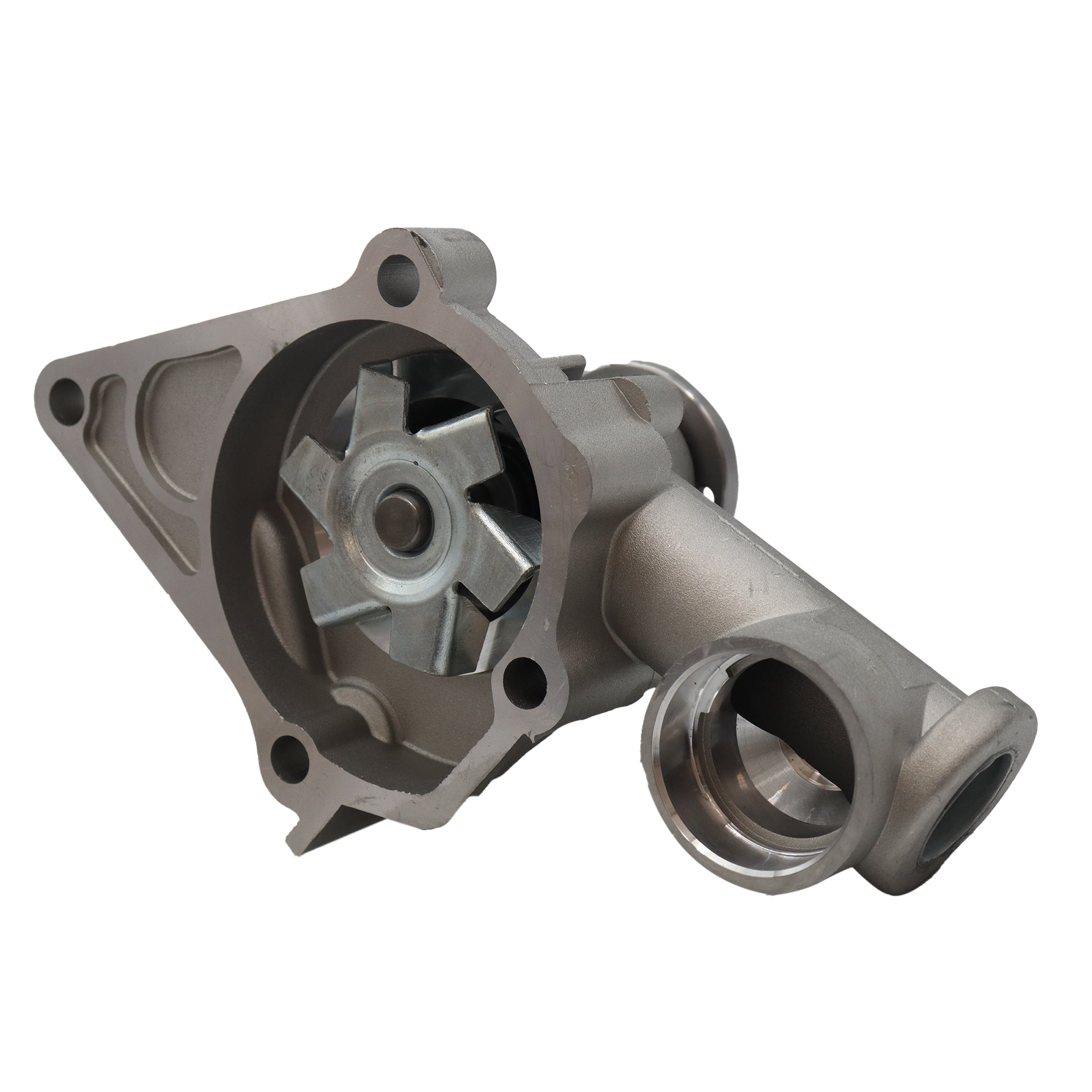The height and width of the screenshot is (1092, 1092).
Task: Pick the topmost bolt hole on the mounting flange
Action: click(x=396, y=271)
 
